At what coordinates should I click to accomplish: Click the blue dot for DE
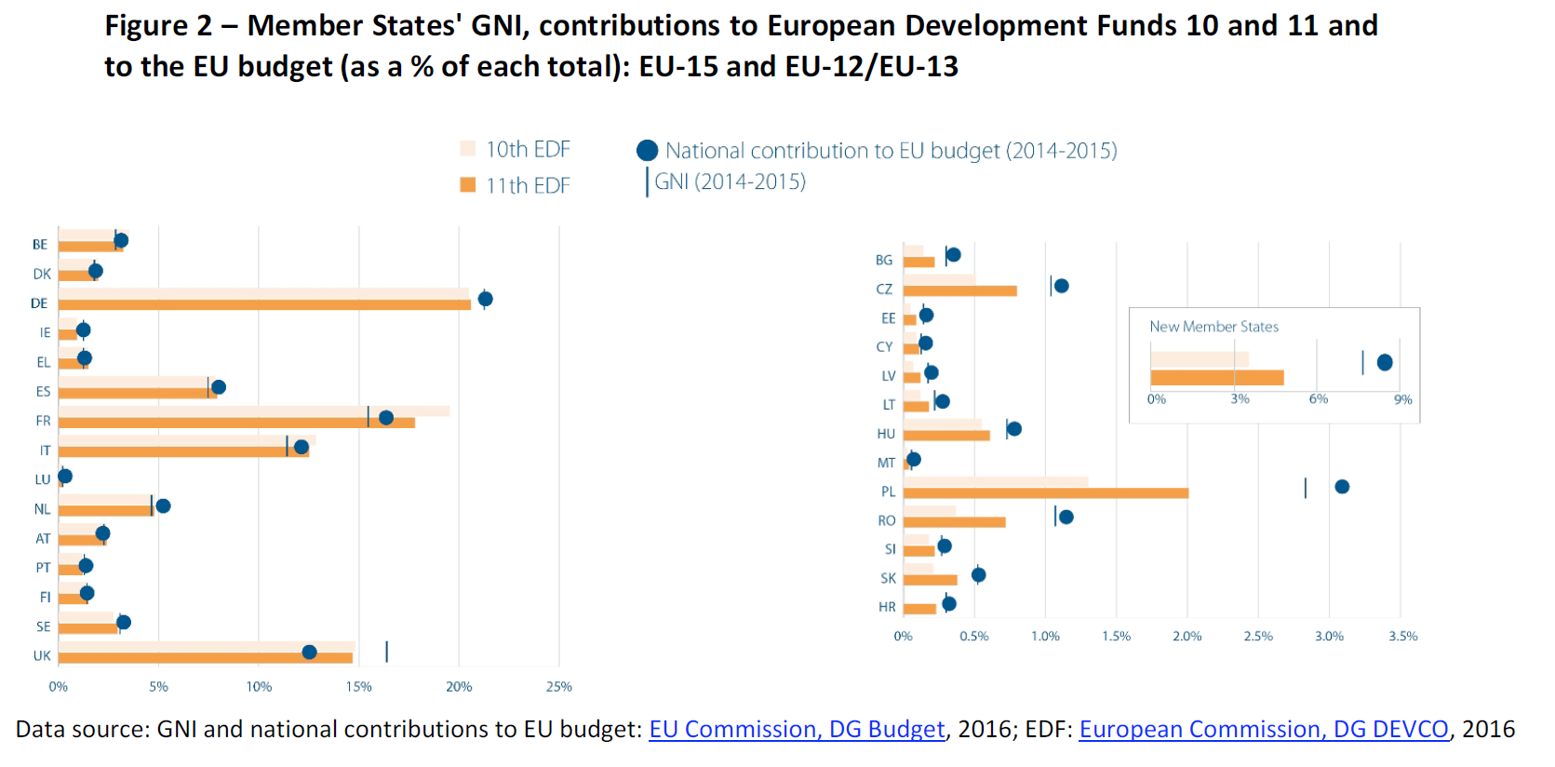tap(485, 299)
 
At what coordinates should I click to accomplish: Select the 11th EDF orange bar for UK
tap(205, 658)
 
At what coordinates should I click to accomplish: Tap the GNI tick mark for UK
tap(386, 652)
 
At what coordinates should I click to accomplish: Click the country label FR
tap(43, 421)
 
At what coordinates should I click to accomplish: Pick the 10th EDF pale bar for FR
tap(253, 411)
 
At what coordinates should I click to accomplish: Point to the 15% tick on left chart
tap(358, 687)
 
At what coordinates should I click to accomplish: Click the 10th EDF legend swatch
tap(468, 149)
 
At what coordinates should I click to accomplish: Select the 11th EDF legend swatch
tap(468, 185)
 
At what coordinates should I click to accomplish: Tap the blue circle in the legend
tap(648, 151)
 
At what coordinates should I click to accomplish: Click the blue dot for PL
tap(1342, 487)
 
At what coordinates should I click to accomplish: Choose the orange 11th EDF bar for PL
tap(1045, 492)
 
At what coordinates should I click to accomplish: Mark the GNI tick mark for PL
tap(1305, 488)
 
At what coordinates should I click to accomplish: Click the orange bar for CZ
tap(959, 290)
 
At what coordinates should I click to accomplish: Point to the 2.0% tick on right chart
tap(1186, 637)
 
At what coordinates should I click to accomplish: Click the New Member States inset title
tap(1213, 327)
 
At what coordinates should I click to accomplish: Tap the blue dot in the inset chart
tap(1385, 362)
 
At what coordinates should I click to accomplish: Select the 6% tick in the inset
tap(1319, 399)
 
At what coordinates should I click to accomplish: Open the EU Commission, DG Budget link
tap(797, 729)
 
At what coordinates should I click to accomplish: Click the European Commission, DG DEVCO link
tap(1264, 729)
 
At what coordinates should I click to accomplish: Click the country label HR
tap(887, 607)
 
